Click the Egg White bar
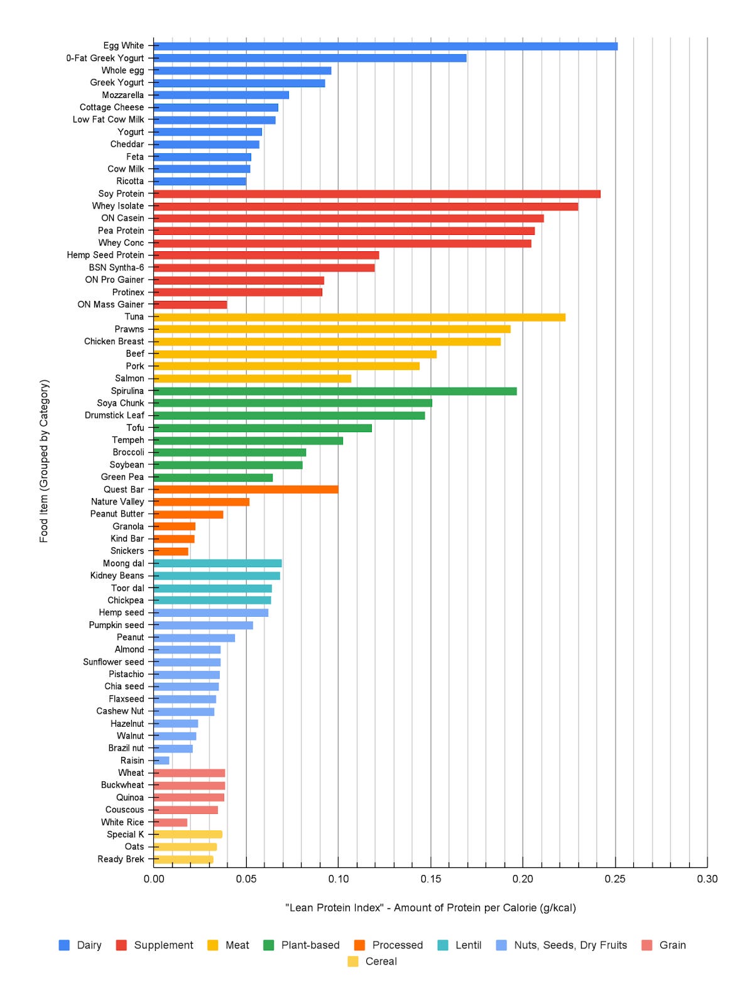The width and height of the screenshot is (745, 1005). [x=385, y=46]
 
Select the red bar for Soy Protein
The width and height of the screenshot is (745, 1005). [x=377, y=194]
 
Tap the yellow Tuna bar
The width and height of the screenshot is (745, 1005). [x=359, y=317]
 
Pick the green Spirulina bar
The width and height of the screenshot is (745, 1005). [x=335, y=391]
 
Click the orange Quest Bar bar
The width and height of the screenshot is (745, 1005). [x=246, y=489]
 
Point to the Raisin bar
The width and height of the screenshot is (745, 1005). [x=162, y=761]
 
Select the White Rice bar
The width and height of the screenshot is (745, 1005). [x=171, y=822]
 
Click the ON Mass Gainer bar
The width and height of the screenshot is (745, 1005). [x=190, y=305]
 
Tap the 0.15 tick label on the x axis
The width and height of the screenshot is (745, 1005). [x=430, y=879]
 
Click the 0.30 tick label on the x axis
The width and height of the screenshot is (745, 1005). [x=707, y=879]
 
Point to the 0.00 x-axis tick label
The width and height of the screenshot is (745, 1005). [x=154, y=879]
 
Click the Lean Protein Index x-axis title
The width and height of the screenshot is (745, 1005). [x=430, y=908]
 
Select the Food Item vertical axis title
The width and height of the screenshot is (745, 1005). [x=44, y=460]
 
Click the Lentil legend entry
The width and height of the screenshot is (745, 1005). [x=468, y=945]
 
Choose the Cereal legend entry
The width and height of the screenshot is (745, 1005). [x=381, y=962]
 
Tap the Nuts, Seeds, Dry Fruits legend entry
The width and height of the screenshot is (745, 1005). [x=570, y=945]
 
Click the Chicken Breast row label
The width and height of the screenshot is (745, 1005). [x=114, y=342]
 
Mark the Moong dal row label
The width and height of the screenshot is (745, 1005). [x=123, y=563]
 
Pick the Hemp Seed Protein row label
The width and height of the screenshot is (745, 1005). [x=106, y=255]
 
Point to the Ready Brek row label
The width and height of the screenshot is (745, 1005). [x=121, y=859]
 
